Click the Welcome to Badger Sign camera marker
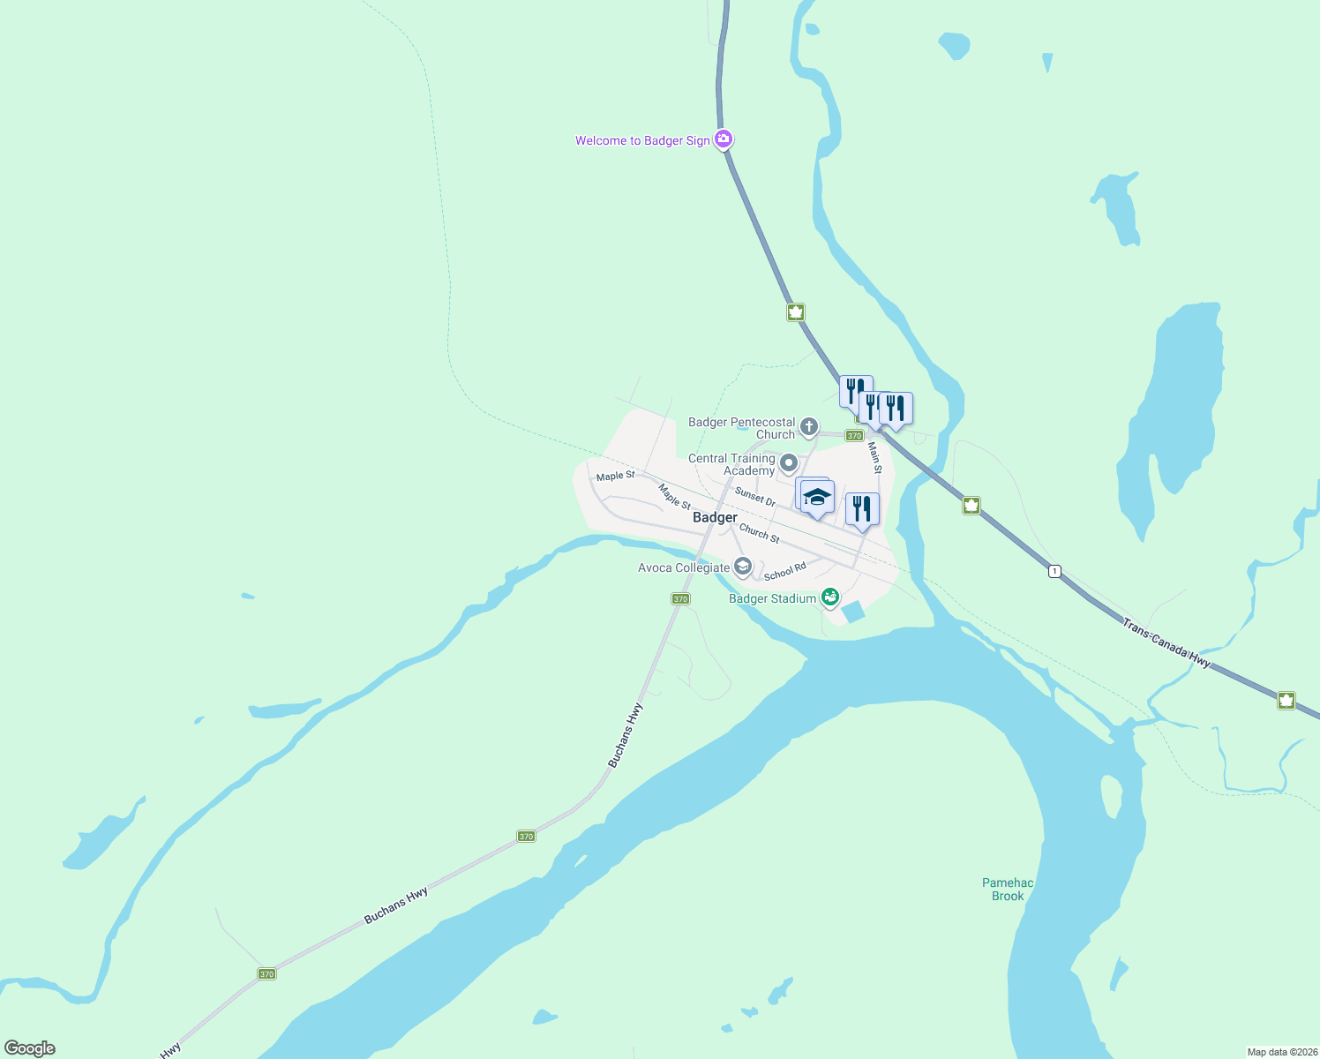click(x=724, y=139)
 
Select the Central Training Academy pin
click(x=789, y=463)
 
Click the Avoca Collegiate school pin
click(x=743, y=567)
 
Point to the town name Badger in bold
click(x=715, y=517)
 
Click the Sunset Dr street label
click(x=755, y=498)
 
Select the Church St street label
click(x=759, y=533)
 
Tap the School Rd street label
click(x=784, y=572)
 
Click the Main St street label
click(x=874, y=457)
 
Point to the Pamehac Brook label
click(x=1008, y=889)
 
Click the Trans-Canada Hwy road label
click(x=1166, y=642)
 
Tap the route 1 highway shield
click(x=1054, y=571)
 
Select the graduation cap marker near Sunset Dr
click(x=818, y=497)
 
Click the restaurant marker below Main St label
click(x=862, y=509)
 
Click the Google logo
click(x=29, y=1048)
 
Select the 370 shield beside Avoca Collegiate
click(x=679, y=598)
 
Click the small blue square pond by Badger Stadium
click(x=853, y=611)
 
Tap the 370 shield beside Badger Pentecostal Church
click(x=853, y=435)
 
